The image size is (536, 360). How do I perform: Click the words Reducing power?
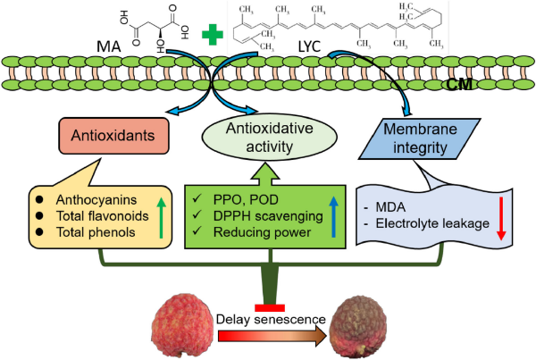[247, 232]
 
